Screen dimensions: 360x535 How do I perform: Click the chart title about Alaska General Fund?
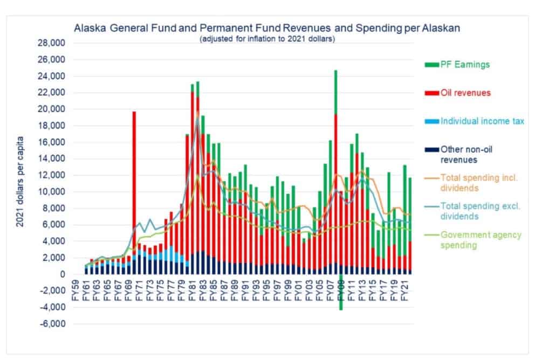267,28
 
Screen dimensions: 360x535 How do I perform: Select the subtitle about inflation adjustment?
267,39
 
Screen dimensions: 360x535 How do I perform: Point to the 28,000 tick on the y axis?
50,43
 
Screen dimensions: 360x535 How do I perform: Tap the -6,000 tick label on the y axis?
51,324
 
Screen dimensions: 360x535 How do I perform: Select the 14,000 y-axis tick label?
50,159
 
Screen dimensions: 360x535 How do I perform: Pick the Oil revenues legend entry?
464,93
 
